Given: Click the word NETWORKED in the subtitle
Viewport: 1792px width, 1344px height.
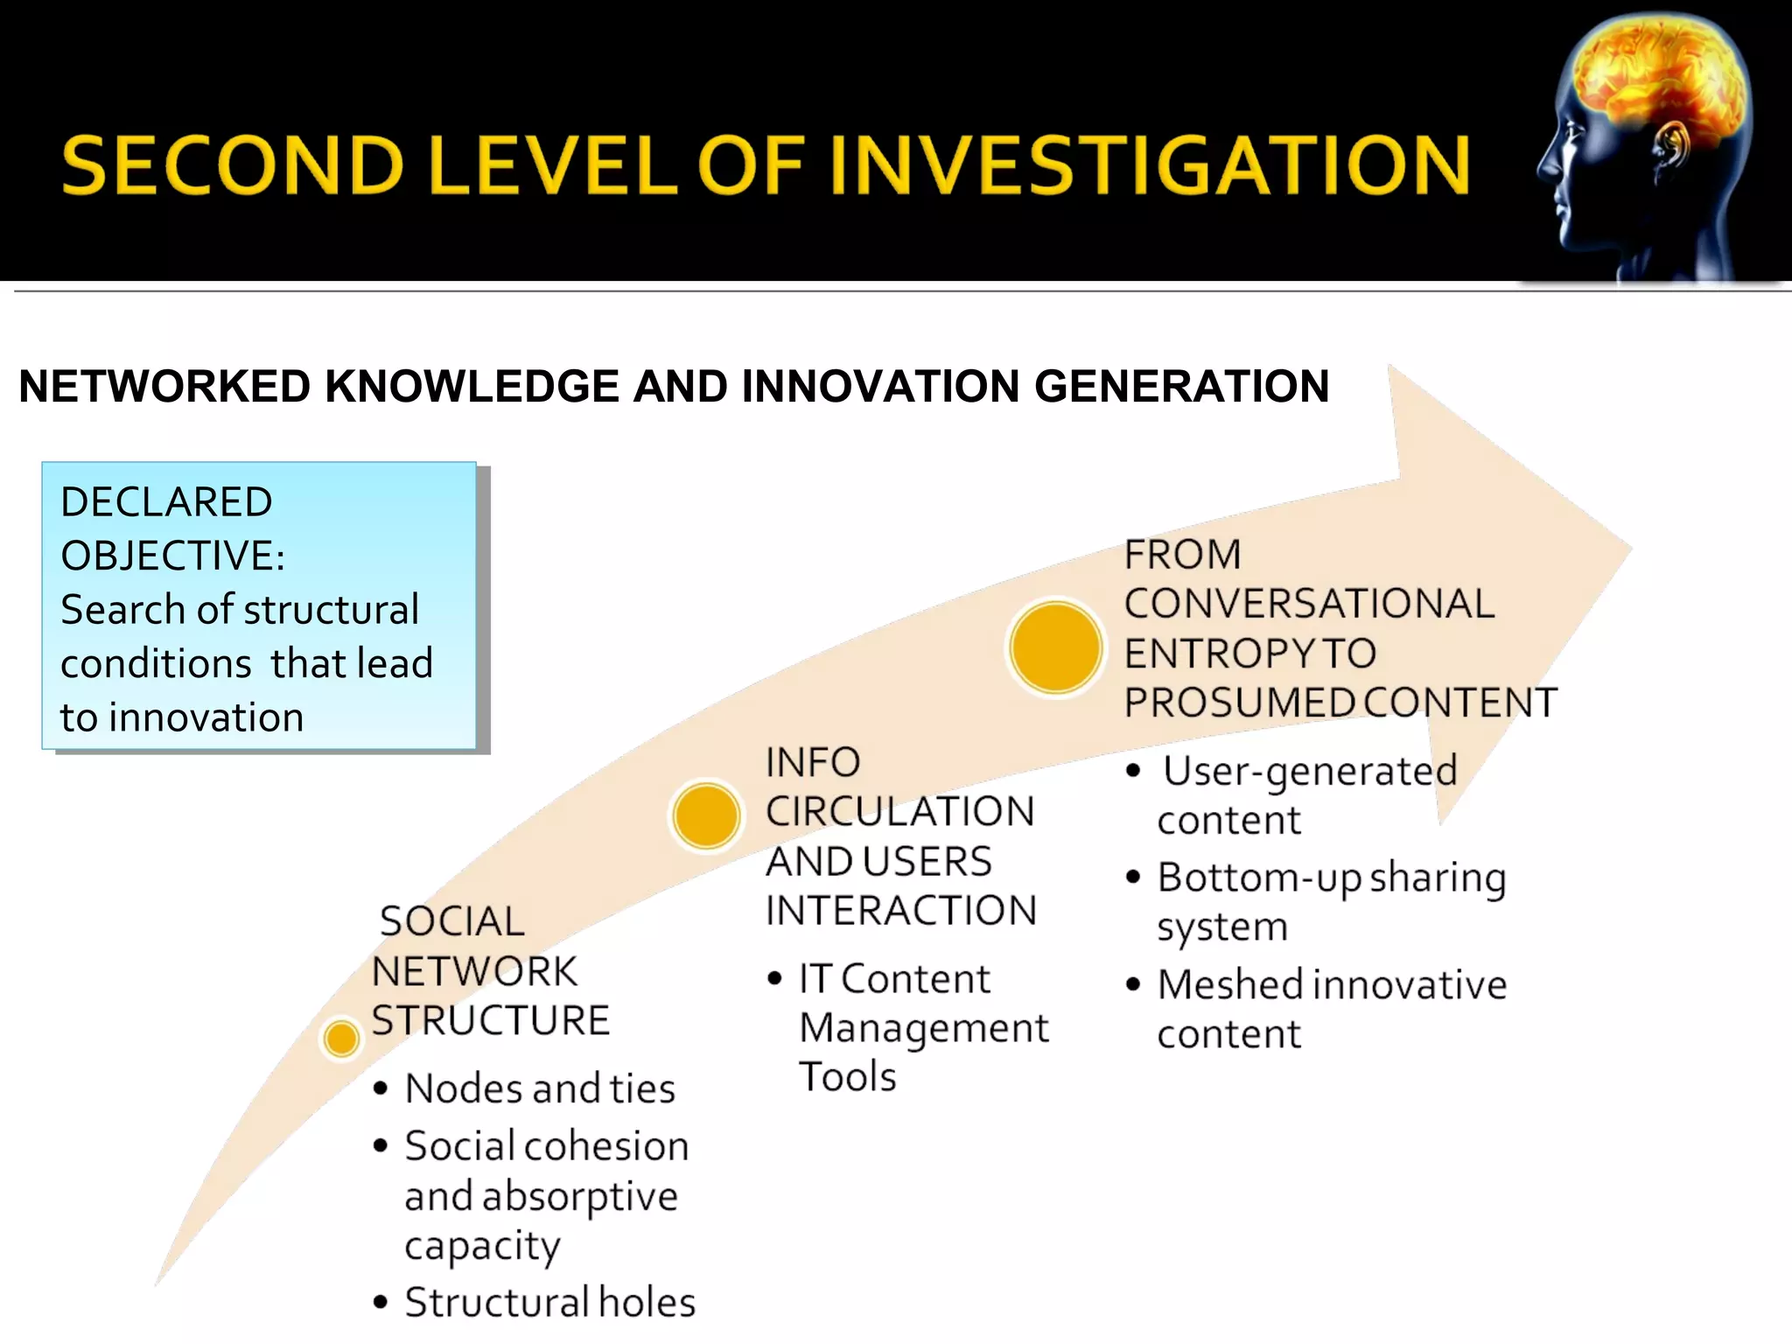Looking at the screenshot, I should pos(164,387).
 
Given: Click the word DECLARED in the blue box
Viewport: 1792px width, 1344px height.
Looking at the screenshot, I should pos(166,502).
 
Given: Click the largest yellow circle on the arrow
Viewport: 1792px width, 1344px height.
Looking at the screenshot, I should pos(1055,647).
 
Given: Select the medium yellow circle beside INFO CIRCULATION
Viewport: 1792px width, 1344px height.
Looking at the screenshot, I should pos(706,815).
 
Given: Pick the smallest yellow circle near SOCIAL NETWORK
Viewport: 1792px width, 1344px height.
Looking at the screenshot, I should pos(340,1039).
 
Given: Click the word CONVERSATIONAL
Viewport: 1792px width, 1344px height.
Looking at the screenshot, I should pos(1309,604).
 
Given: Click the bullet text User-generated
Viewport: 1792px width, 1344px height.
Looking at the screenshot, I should pos(1309,772).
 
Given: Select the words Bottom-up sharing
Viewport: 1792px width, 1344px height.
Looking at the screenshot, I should pos(1331,878).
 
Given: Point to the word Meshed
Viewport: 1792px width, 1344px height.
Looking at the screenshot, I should pos(1229,985).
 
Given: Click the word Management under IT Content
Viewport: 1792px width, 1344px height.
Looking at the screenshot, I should pos(923,1028).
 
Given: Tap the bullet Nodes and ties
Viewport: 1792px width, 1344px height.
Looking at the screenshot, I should pos(540,1089).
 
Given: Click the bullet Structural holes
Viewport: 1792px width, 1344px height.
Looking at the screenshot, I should pos(549,1303).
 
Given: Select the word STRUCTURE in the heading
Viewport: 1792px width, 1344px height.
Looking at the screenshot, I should pos(490,1021).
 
